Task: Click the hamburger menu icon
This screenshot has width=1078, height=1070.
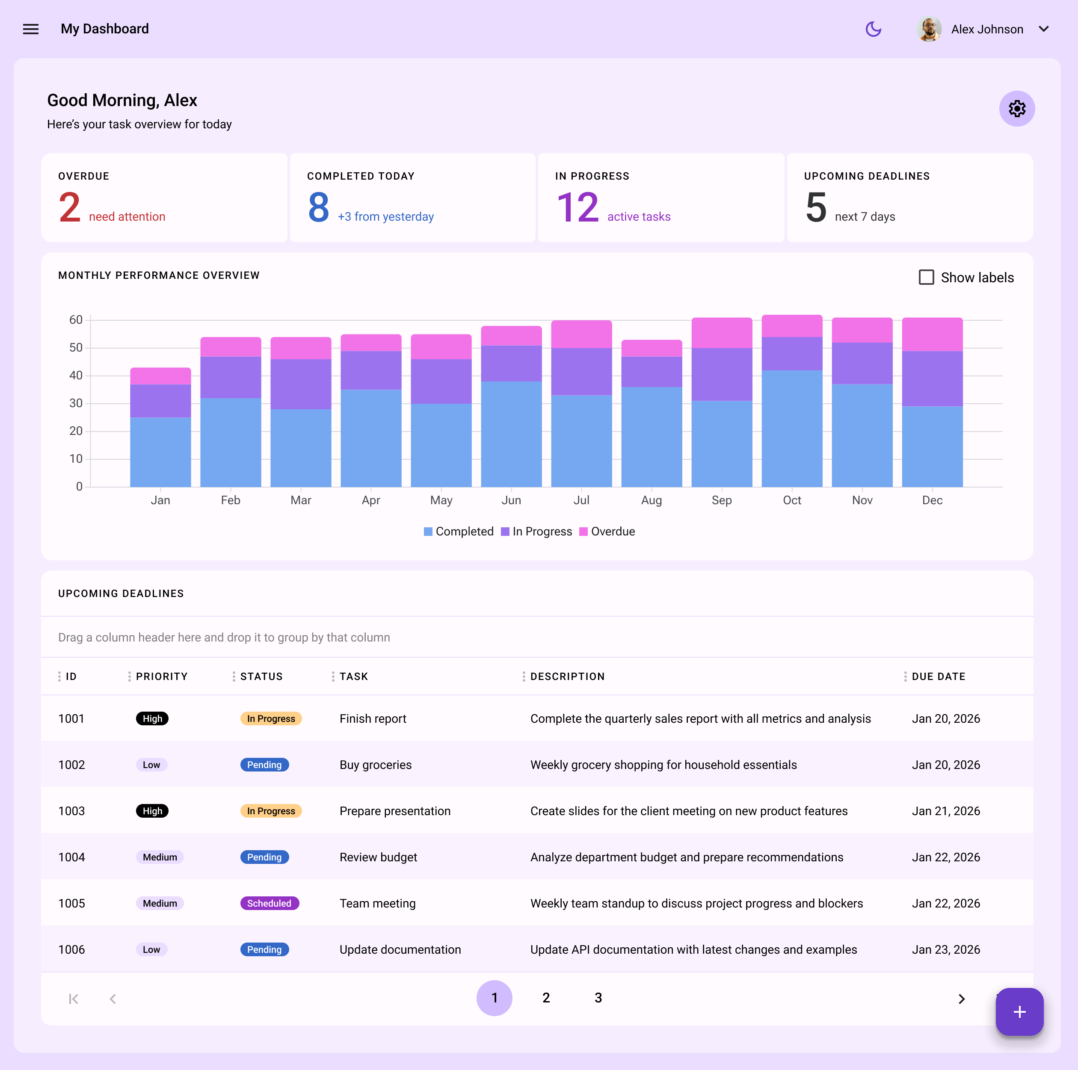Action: [31, 29]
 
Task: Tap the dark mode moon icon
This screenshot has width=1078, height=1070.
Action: [873, 29]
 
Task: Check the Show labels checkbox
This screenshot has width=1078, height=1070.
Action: [926, 277]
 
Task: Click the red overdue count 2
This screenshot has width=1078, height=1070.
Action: [70, 207]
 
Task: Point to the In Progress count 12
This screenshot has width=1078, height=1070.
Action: [577, 207]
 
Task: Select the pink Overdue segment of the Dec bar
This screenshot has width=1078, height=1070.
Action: [932, 334]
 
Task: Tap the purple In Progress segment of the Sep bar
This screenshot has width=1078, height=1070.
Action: [722, 374]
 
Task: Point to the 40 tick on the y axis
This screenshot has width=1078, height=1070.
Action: [76, 375]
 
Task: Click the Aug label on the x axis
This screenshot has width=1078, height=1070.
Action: [651, 500]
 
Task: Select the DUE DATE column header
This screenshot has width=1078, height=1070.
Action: [938, 677]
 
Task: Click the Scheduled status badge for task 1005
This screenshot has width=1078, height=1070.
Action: [269, 903]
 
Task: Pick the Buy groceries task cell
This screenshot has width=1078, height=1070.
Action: [376, 765]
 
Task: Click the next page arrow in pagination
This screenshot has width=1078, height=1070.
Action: [961, 999]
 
